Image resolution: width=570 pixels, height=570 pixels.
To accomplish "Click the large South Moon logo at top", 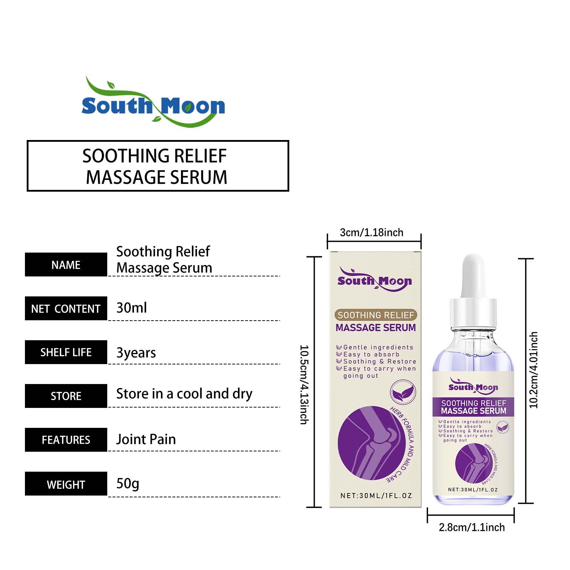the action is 153,102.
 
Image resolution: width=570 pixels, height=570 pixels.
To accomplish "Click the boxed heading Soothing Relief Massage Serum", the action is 158,166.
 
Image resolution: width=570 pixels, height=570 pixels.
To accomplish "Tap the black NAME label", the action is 66,265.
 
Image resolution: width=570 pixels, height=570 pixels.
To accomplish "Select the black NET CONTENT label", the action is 66,309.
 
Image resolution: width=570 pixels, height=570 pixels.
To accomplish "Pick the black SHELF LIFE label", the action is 66,352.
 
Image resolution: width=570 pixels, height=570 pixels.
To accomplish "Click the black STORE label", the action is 66,396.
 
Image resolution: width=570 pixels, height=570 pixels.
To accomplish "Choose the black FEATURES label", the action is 66,440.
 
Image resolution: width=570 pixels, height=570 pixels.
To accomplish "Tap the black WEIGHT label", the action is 66,484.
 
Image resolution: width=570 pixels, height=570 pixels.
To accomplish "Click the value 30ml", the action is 131,308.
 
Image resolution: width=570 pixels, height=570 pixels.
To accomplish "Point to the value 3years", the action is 136,353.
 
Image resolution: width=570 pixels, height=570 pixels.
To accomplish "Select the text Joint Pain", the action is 146,439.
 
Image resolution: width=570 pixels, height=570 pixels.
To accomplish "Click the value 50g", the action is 128,484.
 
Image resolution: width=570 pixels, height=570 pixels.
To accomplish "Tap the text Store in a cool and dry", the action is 184,394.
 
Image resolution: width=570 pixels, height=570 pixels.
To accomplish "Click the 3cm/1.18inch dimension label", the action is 372,232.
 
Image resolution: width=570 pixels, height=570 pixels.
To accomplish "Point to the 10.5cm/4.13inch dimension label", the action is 304,384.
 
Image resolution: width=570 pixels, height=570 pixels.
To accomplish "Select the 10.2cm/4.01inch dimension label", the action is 533,370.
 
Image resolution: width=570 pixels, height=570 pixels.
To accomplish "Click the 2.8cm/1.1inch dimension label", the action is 472,527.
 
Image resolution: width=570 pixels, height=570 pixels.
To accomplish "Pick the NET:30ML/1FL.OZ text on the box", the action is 376,496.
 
